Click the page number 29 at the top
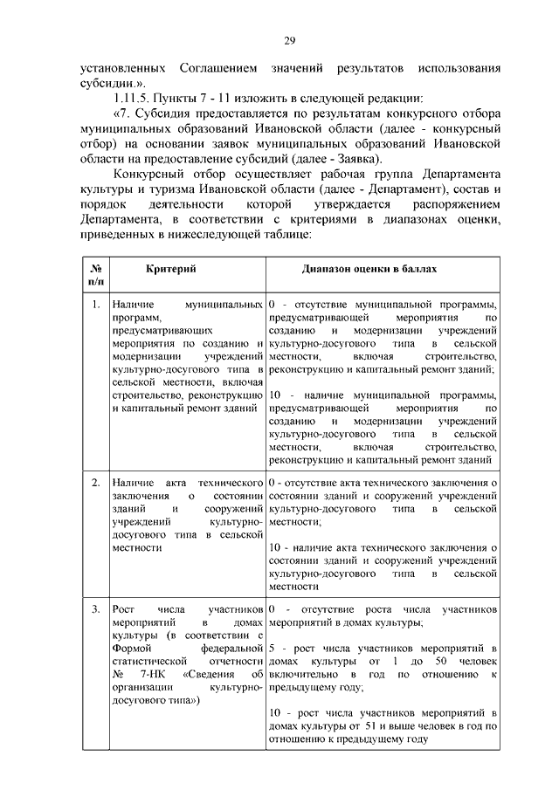[289, 40]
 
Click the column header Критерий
[171, 271]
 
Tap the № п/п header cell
[95, 277]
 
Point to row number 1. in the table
[95, 305]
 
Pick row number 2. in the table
[95, 482]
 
